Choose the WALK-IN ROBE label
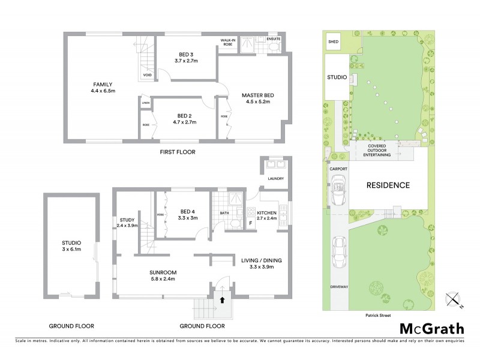tap(227, 43)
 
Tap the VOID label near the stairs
tap(146, 75)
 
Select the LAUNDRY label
tap(275, 178)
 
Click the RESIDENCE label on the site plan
tap(388, 185)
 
